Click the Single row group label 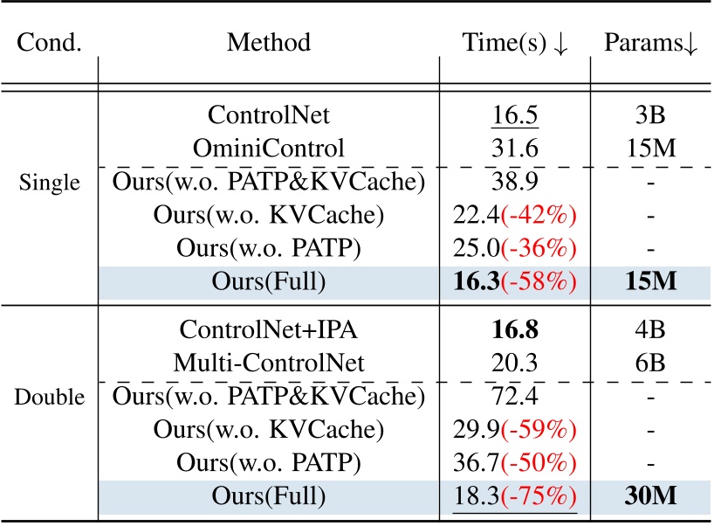tap(48, 184)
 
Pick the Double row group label tap(49, 397)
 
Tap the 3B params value tap(651, 114)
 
